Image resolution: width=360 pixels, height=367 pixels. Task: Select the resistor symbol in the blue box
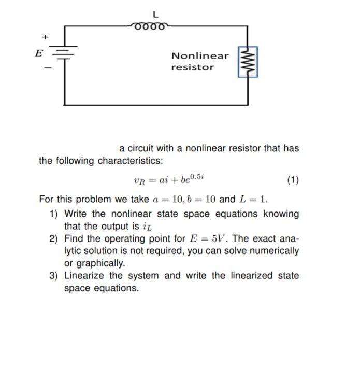248,62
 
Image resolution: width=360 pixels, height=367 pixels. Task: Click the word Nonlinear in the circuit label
199,56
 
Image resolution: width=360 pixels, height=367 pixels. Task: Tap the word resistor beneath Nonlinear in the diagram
192,67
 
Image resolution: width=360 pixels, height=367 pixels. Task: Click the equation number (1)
293,180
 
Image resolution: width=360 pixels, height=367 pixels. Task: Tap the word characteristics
128,161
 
